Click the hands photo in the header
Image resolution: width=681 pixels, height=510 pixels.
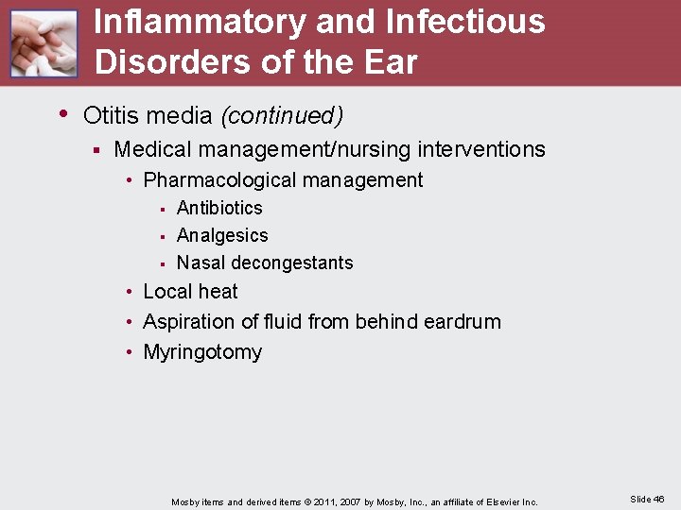click(x=44, y=43)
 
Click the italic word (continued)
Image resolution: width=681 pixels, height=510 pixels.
click(x=281, y=116)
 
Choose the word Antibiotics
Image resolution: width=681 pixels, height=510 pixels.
click(x=219, y=208)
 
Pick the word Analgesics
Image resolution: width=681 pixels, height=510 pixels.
click(x=222, y=235)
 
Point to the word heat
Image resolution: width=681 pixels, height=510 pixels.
click(x=218, y=292)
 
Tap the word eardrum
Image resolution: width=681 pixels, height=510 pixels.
click(x=463, y=322)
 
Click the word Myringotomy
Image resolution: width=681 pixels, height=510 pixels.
click(x=202, y=352)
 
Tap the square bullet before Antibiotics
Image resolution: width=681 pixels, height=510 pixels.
click(x=163, y=209)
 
